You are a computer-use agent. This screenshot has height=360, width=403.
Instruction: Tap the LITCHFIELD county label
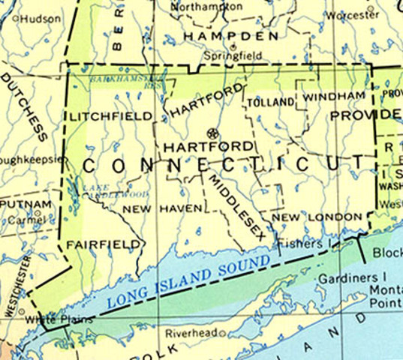click(x=111, y=117)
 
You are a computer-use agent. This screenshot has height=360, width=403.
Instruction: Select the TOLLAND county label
click(x=269, y=102)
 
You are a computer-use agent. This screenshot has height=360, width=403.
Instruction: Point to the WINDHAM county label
click(x=334, y=97)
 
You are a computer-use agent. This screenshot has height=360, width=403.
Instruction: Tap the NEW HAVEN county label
click(x=162, y=208)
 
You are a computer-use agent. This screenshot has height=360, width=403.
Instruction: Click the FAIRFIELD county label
click(x=104, y=244)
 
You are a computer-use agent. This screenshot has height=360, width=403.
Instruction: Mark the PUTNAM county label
click(x=26, y=204)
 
